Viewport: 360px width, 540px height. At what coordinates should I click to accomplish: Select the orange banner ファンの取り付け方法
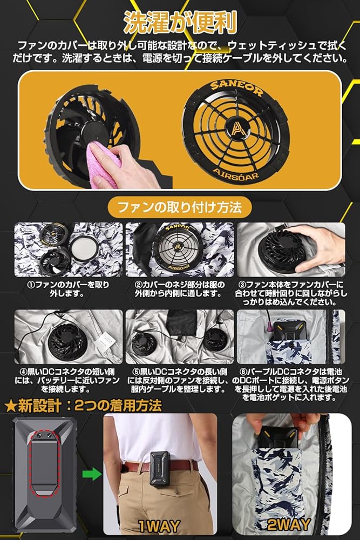[179, 207]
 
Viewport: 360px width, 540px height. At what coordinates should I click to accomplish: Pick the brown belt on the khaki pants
[178, 465]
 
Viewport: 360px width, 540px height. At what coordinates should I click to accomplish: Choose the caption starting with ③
[291, 293]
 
